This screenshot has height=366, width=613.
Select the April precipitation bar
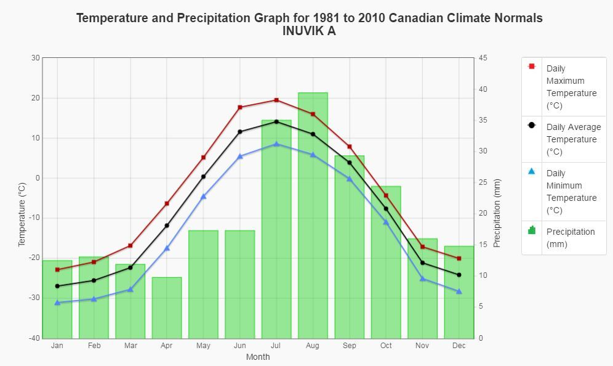pos(167,308)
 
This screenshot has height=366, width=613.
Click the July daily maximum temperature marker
pos(276,100)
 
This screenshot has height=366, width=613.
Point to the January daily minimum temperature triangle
pos(57,303)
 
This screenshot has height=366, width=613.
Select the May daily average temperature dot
pos(203,177)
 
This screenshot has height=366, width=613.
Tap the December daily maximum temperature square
pos(459,258)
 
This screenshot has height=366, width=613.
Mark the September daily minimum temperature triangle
pos(350,179)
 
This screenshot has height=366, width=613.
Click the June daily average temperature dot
pos(240,132)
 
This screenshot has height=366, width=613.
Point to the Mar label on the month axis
pos(130,346)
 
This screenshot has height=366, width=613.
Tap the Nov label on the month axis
pos(422,346)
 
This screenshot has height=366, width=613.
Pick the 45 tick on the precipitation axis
pos(483,58)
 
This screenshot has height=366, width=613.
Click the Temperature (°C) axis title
pos(22,214)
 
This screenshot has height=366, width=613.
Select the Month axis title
pos(258,357)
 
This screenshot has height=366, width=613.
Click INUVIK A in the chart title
pos(309,31)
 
